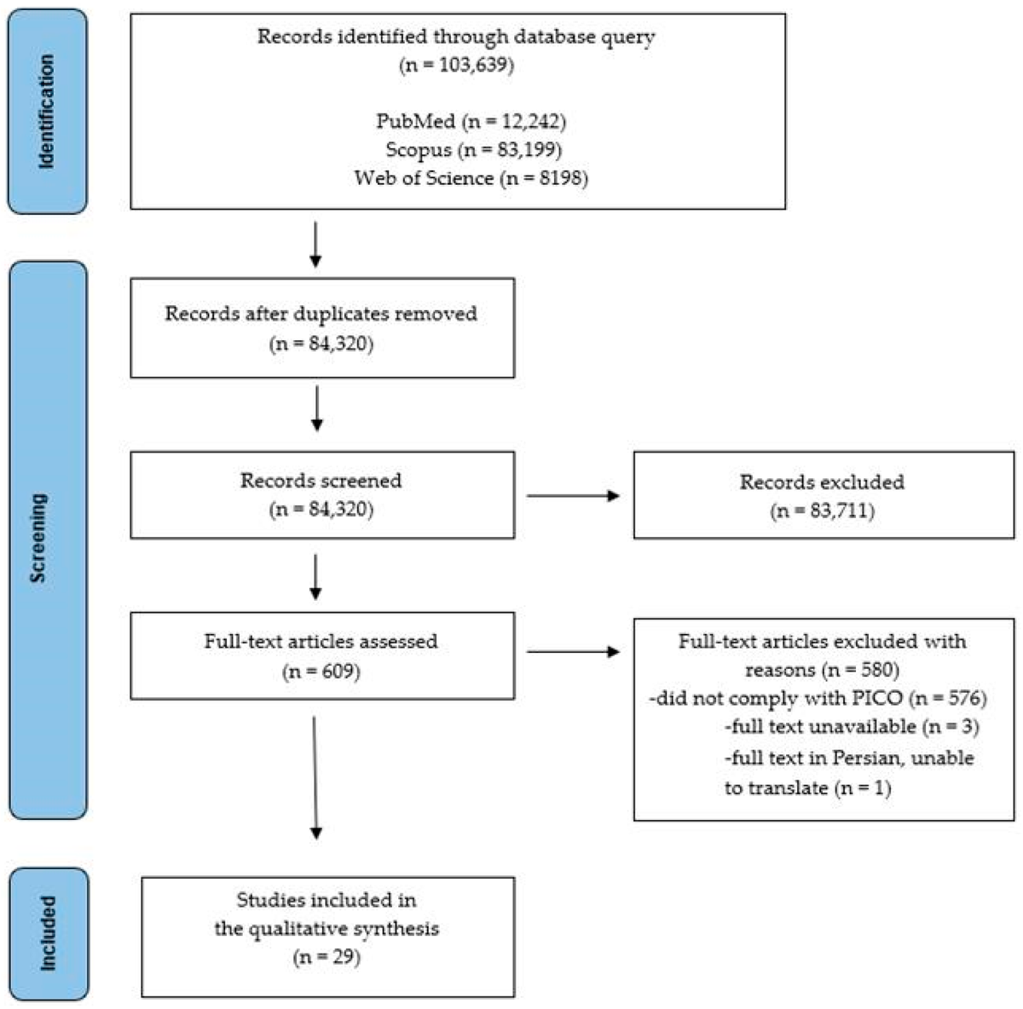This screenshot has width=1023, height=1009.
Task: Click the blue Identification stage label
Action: [47, 112]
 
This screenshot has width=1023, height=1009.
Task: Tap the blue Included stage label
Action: [47, 932]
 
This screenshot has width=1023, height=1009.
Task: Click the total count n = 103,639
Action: [456, 66]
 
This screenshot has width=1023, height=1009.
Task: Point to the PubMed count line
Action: [471, 121]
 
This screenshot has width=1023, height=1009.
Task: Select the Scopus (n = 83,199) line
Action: [471, 150]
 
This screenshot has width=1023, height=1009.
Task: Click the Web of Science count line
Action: [471, 178]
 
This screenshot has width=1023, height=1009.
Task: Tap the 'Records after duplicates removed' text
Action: [321, 314]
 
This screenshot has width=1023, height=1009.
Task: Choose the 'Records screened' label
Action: [321, 481]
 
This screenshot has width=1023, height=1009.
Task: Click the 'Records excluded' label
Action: [822, 482]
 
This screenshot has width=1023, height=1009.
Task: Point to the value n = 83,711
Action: [822, 511]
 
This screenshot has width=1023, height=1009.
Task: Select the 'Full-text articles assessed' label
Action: [321, 642]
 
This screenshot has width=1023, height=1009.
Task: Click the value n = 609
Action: [321, 672]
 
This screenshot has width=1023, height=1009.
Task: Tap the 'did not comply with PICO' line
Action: [818, 700]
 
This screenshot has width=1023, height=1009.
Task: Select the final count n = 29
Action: [327, 957]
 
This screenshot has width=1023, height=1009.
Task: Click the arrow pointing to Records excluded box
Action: [572, 495]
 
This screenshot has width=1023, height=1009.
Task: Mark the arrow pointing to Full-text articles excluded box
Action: [572, 653]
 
